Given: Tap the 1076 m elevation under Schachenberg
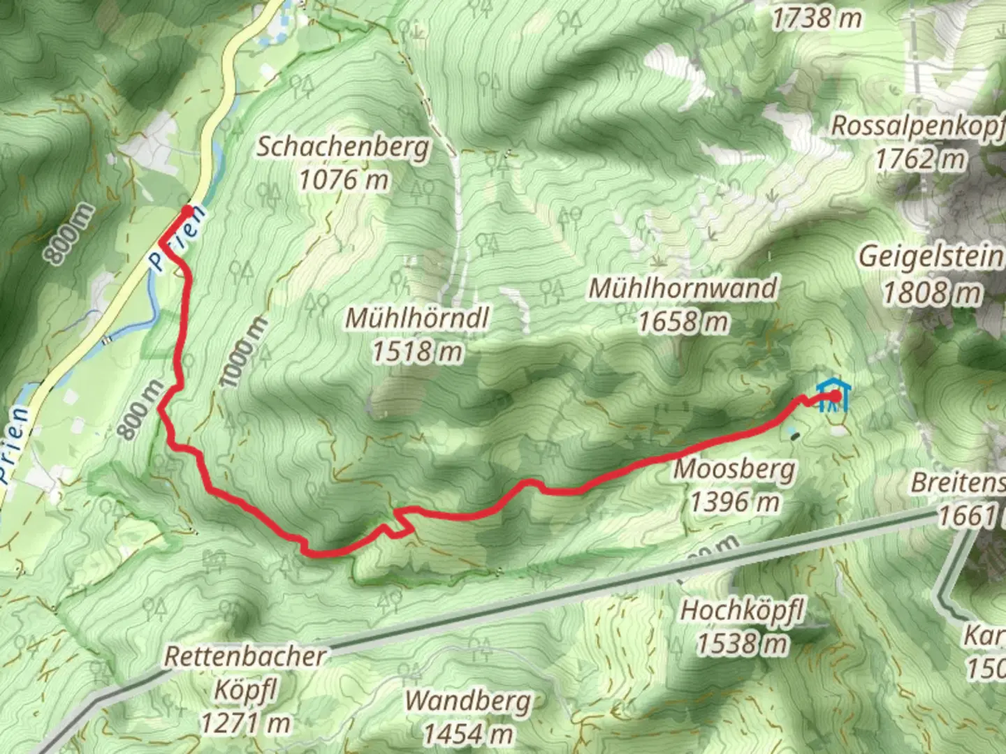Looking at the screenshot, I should click(x=343, y=180).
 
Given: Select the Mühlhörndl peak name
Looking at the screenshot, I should click(x=417, y=318).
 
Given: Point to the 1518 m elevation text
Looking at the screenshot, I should click(x=417, y=351).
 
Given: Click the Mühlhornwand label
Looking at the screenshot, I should click(x=683, y=288).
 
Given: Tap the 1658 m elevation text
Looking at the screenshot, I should click(x=683, y=321).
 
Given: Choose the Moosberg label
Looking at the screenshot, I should click(x=734, y=468).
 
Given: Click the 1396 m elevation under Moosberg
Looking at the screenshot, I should click(x=734, y=501).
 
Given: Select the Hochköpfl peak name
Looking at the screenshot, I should click(x=742, y=610).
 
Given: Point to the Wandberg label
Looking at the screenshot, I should click(x=468, y=700).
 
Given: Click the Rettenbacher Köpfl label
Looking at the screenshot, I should click(x=245, y=674).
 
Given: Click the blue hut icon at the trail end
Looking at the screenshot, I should click(x=832, y=395).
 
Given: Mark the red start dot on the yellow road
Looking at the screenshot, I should click(x=187, y=209).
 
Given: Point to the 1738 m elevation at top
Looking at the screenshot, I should click(x=816, y=19).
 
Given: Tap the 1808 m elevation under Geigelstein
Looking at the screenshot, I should click(x=931, y=293).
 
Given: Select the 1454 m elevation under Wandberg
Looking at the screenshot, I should click(x=468, y=733).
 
